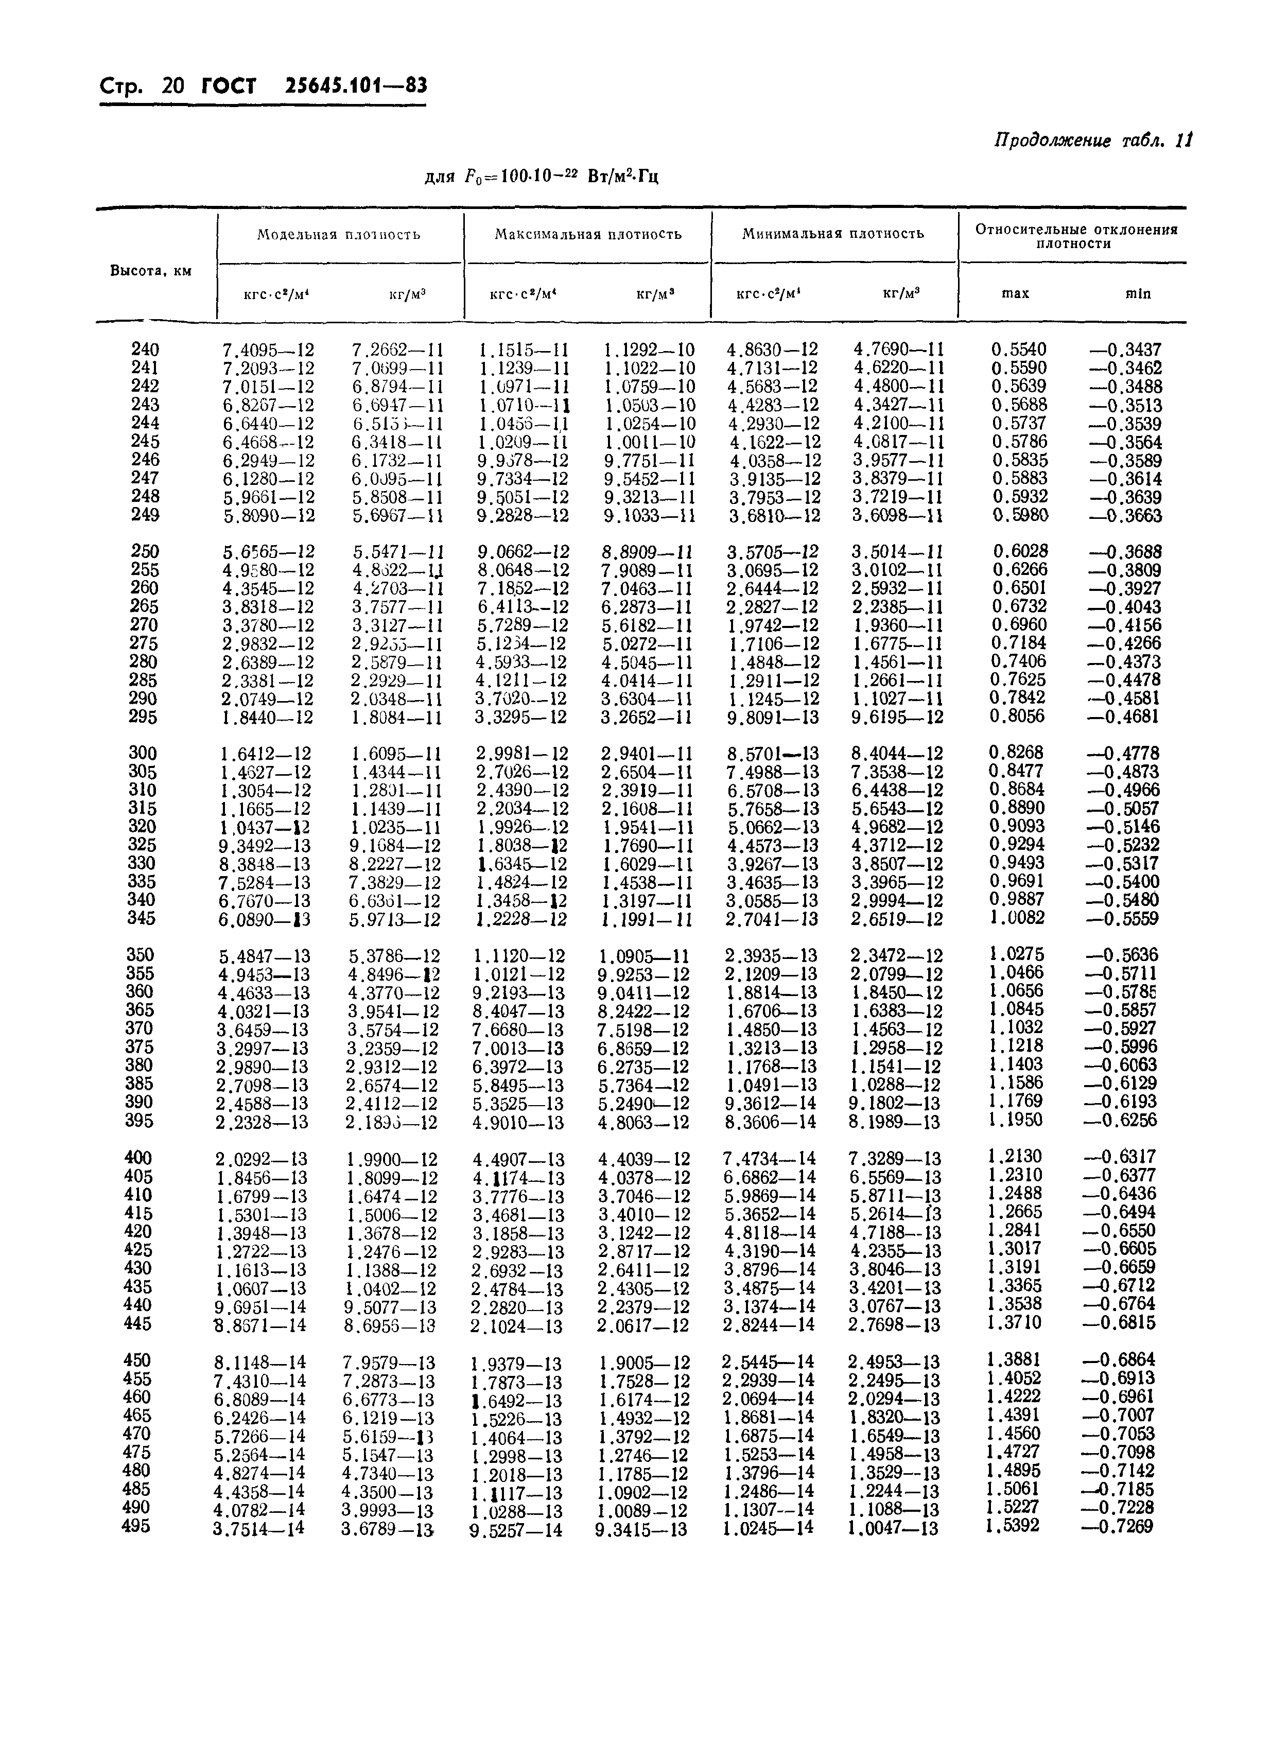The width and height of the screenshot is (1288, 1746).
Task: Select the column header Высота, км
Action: click(x=150, y=271)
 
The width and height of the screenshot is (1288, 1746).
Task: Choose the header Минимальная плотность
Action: click(x=833, y=234)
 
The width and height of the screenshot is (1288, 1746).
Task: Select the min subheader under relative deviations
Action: click(x=1138, y=294)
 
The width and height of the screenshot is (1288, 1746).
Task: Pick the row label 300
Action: click(x=143, y=753)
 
